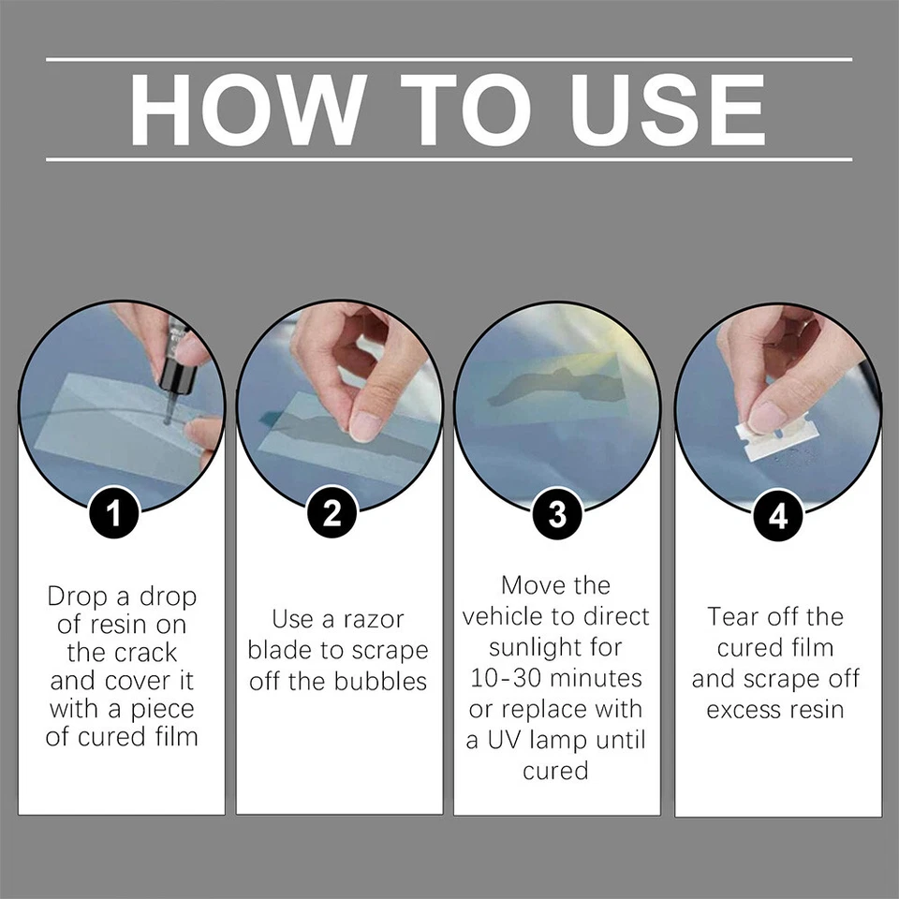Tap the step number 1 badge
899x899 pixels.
coord(114,514)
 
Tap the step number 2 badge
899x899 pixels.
coord(332,514)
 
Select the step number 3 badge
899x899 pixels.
coord(557,514)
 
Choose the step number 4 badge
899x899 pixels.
coord(778,514)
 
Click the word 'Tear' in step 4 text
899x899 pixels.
coord(733,617)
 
